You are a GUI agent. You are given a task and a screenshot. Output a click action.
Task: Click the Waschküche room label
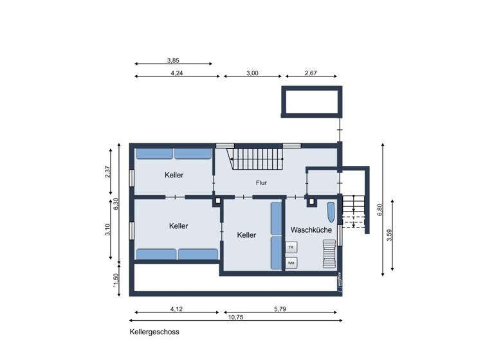[x=311, y=230]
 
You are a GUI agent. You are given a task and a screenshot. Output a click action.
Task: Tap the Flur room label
[x=261, y=183]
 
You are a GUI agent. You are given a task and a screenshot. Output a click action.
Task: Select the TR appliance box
[x=291, y=247]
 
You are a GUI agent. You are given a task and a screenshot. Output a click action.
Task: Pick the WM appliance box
[x=291, y=263]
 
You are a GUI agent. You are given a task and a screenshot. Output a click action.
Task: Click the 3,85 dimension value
[x=173, y=60]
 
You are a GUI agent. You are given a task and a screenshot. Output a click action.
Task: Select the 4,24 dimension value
[x=176, y=73]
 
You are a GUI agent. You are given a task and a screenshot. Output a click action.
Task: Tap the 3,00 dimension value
[x=252, y=73]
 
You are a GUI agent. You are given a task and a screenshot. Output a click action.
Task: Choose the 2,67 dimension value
[x=310, y=73]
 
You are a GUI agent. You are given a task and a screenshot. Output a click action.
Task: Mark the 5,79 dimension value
[x=280, y=309]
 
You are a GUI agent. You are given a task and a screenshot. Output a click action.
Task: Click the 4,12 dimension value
[x=176, y=309]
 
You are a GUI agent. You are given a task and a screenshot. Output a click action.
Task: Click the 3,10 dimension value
[x=108, y=230]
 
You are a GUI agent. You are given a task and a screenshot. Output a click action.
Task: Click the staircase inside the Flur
[x=257, y=158]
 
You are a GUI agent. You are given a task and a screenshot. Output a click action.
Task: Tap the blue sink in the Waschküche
[x=331, y=213]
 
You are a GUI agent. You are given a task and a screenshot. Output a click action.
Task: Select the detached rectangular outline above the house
[x=311, y=102]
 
